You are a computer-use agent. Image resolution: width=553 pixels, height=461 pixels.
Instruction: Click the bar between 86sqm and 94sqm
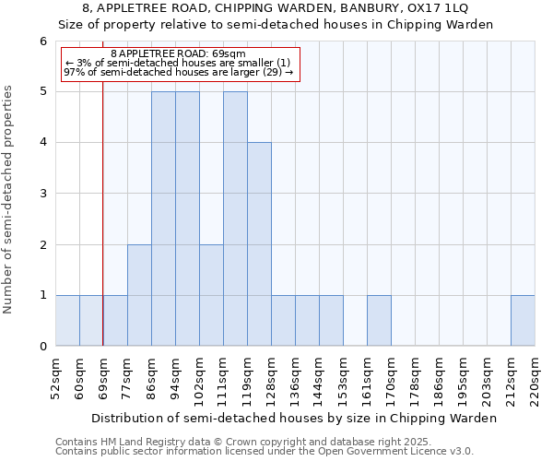click(x=163, y=219)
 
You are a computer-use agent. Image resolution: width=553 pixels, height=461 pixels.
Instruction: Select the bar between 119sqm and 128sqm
click(x=259, y=244)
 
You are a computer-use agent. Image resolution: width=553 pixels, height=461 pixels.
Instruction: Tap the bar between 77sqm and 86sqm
click(x=139, y=295)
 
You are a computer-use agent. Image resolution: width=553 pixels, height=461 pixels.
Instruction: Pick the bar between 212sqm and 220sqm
click(x=523, y=321)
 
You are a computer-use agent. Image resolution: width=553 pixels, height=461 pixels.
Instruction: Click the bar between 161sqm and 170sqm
click(x=379, y=321)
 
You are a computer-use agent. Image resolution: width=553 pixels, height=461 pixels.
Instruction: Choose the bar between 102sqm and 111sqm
click(x=211, y=295)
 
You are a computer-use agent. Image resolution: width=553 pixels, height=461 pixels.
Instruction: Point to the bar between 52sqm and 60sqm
click(x=67, y=321)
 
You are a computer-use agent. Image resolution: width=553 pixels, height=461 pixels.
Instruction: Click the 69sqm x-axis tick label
click(x=103, y=379)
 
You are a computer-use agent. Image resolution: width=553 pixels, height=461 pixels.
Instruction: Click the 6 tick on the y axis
click(x=43, y=41)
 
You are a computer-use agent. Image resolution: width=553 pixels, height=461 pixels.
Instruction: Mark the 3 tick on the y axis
click(x=43, y=194)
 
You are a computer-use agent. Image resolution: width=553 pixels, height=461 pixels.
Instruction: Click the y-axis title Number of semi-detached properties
click(x=8, y=199)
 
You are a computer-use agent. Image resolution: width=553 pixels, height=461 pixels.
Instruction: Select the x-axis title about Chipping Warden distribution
click(x=295, y=418)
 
